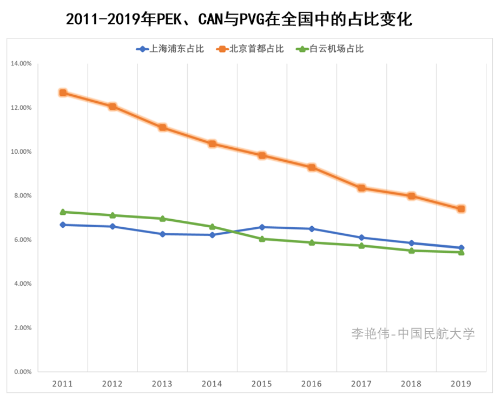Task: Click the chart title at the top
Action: [x=239, y=20]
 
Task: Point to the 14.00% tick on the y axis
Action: [x=21, y=63]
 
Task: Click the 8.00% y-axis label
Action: [x=22, y=195]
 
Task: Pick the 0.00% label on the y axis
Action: [x=22, y=372]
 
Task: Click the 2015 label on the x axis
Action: [x=262, y=384]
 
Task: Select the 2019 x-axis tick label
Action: [x=461, y=384]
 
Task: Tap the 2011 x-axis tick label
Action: [x=63, y=384]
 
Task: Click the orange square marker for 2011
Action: [x=63, y=93]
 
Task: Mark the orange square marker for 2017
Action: [x=361, y=188]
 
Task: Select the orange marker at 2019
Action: [x=461, y=208]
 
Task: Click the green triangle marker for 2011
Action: [x=63, y=212]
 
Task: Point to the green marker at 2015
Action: [x=262, y=239]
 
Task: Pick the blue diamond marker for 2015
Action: [x=262, y=227]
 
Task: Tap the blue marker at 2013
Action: [x=162, y=234]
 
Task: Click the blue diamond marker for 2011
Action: [x=63, y=225]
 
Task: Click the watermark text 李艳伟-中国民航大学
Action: [x=413, y=333]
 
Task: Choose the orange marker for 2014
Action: [x=212, y=143]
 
